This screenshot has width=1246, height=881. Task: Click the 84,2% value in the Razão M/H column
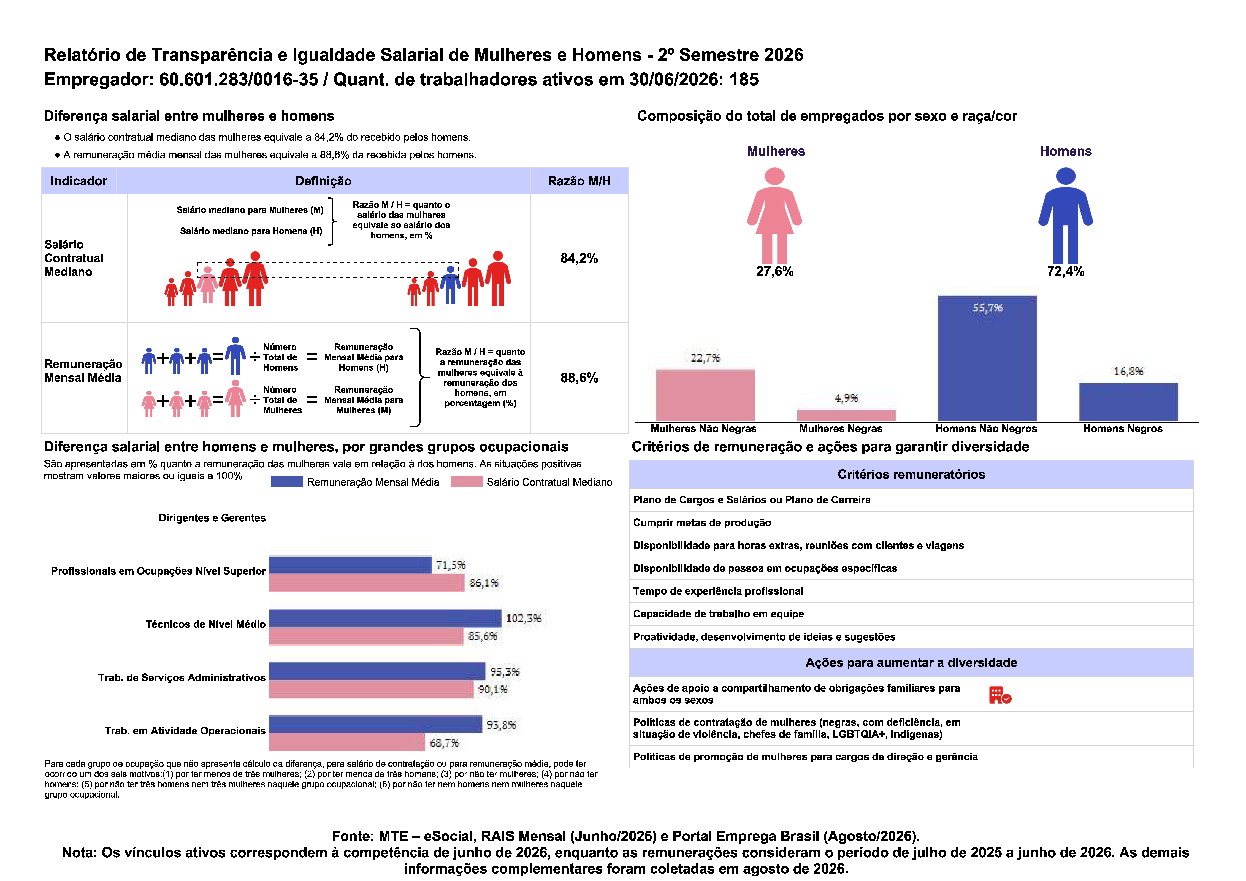(x=579, y=258)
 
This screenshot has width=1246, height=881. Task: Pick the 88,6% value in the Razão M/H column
(x=579, y=378)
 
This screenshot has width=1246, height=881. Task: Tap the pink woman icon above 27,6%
(x=774, y=216)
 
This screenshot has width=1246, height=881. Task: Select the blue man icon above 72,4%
(x=1065, y=216)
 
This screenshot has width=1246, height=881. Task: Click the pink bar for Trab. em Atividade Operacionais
(x=347, y=743)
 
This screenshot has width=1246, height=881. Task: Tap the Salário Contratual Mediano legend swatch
(x=467, y=482)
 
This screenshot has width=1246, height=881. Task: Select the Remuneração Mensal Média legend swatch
(x=286, y=482)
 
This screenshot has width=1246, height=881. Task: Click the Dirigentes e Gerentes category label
(x=212, y=518)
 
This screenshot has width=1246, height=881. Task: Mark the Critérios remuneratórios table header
(x=911, y=475)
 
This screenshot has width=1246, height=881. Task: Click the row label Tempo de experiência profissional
(x=718, y=591)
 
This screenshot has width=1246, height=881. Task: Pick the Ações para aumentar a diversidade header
(x=911, y=663)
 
